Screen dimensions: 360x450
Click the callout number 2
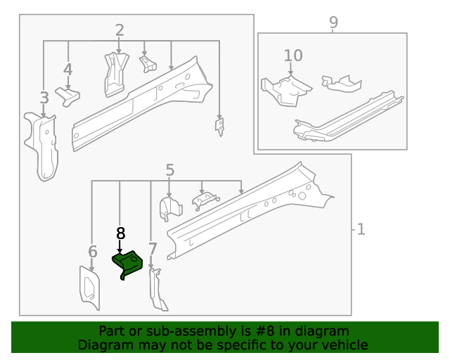[x=120, y=30]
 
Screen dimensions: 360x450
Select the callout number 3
[x=44, y=98]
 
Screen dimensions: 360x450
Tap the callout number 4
[x=67, y=70]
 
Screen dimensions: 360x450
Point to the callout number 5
[x=169, y=169]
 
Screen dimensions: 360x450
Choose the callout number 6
[x=92, y=252]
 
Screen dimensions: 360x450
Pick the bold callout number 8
[x=120, y=233]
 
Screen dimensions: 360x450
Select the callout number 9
[x=333, y=22]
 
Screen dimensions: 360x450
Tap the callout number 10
[x=293, y=56]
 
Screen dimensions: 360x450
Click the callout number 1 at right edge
[x=361, y=229]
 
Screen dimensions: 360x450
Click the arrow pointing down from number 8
[x=120, y=247]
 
